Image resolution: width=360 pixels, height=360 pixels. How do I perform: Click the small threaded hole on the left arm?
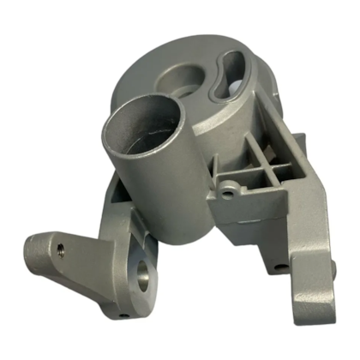[61, 250]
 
